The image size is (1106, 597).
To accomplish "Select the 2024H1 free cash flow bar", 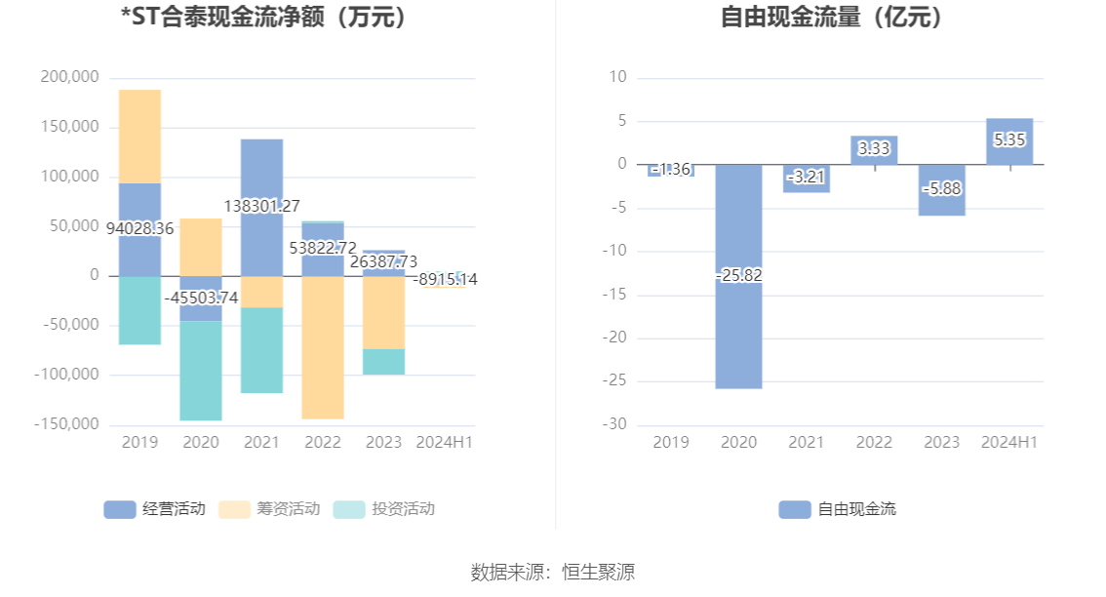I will (x=1009, y=141).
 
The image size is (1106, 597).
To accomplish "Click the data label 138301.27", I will (x=261, y=206).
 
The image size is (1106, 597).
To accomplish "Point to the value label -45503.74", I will (x=201, y=298).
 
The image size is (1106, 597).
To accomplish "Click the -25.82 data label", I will (x=738, y=275).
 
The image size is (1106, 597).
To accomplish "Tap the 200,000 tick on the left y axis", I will (x=71, y=77).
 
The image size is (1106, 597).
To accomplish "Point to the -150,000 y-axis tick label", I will (x=67, y=424).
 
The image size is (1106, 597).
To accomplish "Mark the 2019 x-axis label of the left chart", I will (x=139, y=442).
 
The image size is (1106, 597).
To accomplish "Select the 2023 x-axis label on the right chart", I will (x=942, y=442).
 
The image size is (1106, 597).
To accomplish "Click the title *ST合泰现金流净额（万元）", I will (x=263, y=17).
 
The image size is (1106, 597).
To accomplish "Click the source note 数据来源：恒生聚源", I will (x=552, y=572).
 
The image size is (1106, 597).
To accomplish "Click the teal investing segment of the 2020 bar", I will (x=201, y=371).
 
